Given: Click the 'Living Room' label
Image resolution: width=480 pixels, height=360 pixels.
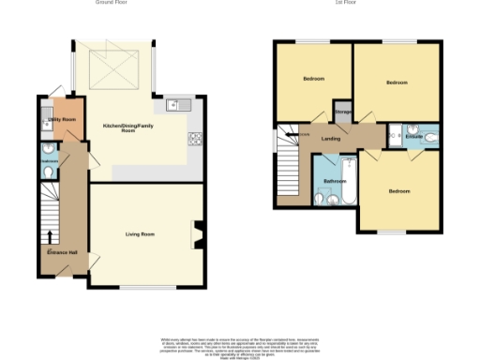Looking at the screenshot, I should click(141, 234).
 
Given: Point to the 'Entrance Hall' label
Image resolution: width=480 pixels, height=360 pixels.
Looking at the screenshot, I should click(63, 252).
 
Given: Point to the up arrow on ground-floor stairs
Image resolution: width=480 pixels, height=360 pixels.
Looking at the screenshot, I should click(50, 236).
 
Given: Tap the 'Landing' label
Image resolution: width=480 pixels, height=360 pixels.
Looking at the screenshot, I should click(331, 139).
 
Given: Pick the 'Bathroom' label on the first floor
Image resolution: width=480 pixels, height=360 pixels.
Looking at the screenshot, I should click(335, 181).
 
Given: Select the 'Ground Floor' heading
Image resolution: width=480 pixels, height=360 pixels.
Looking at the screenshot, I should click(111, 4).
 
